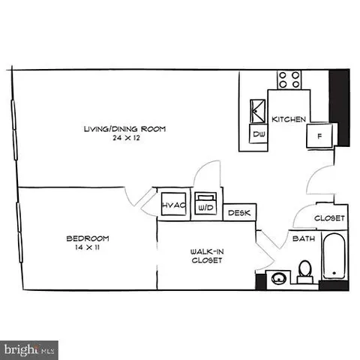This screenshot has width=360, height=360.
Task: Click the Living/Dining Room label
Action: (x=124, y=129)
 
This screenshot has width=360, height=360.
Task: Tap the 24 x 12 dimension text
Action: (x=124, y=139)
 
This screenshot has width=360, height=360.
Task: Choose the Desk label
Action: (x=239, y=214)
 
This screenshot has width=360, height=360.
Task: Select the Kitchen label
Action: (x=286, y=119)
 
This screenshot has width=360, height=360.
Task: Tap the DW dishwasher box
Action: (x=259, y=134)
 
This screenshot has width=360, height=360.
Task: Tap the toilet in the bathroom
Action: (x=304, y=270)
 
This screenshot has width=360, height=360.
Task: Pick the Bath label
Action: (x=303, y=239)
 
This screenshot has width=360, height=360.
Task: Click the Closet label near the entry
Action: (x=329, y=218)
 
